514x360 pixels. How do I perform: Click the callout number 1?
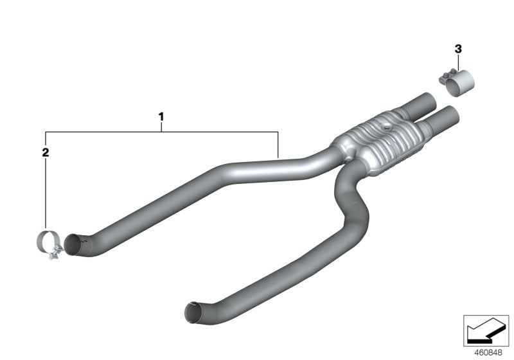coord(161,117)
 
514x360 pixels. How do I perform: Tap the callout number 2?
coord(45,152)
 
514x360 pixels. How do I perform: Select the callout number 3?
coord(457,48)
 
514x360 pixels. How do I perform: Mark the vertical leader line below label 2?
coord(46,193)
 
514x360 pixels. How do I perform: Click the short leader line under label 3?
coord(457,61)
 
